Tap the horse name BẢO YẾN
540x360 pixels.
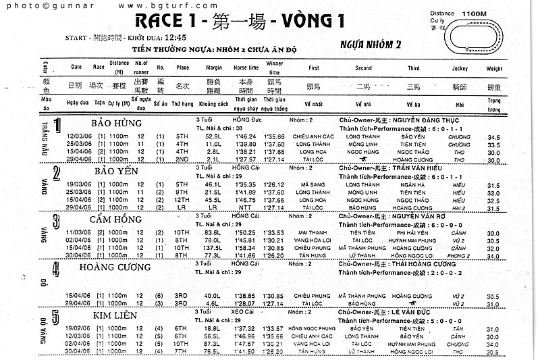pos(115,171)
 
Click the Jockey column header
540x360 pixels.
pos(460,68)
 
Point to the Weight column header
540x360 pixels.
pos(494,68)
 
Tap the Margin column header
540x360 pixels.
pos(214,68)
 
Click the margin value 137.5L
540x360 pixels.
pos(214,248)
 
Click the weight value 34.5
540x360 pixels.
pos(493,136)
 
